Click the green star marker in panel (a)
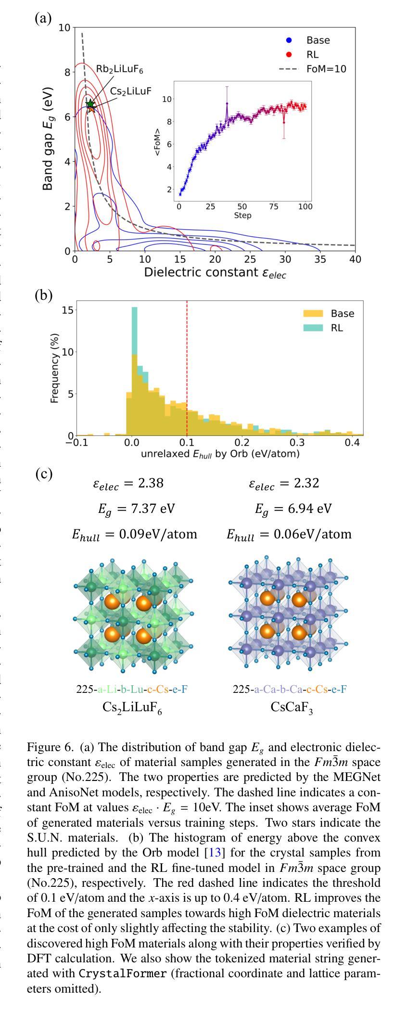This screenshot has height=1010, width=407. (x=90, y=104)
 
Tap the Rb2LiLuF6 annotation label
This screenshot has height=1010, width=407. (x=119, y=69)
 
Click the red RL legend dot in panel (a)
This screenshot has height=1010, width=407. (x=289, y=54)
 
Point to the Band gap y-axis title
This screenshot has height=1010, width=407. (x=48, y=139)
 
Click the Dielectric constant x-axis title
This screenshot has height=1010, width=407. (x=215, y=273)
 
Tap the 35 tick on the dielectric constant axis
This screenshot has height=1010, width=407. (x=320, y=259)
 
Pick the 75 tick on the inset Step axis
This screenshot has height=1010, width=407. (x=274, y=207)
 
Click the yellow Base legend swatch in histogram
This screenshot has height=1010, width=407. (x=313, y=314)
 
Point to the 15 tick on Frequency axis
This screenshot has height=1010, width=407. (x=68, y=310)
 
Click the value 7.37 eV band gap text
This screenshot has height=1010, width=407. (x=129, y=509)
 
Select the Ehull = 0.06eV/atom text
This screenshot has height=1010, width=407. (x=289, y=535)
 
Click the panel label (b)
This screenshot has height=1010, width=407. (x=43, y=295)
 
